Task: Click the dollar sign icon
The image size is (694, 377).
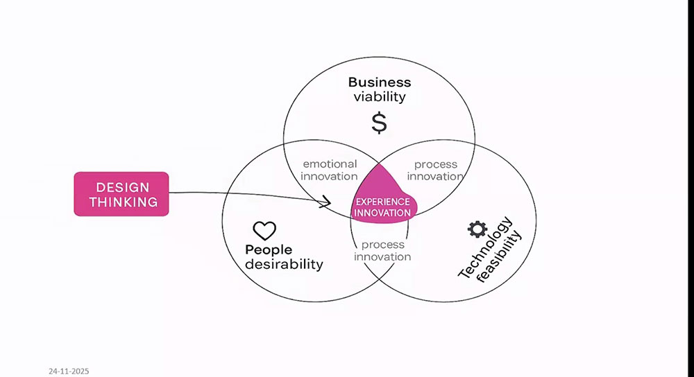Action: coord(379,122)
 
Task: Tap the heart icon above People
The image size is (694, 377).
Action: coord(264,231)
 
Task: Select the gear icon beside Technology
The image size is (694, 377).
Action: coord(477,228)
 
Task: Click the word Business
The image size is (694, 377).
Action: coord(380,82)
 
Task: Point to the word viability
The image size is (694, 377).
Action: coord(379,96)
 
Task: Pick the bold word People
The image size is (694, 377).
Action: coord(269,249)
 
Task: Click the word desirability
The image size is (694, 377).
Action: coord(285,264)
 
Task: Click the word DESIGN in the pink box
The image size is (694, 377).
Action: coord(121,187)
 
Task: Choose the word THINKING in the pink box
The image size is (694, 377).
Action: coord(121,202)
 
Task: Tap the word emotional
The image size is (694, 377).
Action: coord(330,164)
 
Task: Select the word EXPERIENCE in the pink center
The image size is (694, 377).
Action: coord(382,202)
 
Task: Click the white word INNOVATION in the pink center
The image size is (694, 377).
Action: coord(382,213)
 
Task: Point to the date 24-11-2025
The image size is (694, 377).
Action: coord(69,371)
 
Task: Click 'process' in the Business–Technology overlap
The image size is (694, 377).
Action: coord(436,164)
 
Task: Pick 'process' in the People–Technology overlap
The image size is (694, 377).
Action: coord(382,245)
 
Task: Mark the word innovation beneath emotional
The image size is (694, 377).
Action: coord(329,177)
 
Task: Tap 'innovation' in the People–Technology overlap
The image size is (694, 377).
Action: coord(382,257)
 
